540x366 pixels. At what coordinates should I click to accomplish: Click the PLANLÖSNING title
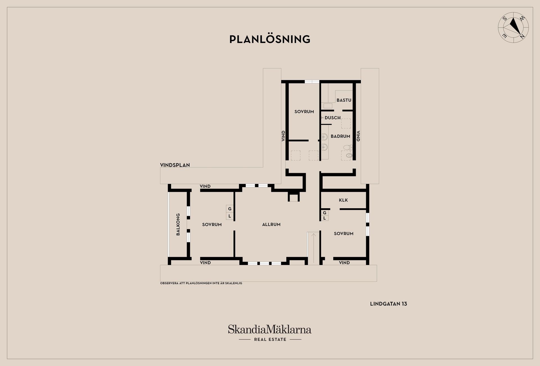pyautogui.click(x=270, y=39)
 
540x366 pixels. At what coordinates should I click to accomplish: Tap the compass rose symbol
pyautogui.click(x=513, y=28)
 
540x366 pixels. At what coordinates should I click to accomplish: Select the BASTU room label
pyautogui.click(x=344, y=100)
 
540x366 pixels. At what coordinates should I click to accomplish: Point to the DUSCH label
pyautogui.click(x=333, y=118)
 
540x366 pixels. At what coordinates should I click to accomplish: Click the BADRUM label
pyautogui.click(x=340, y=136)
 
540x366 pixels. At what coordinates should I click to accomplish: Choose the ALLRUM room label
pyautogui.click(x=271, y=225)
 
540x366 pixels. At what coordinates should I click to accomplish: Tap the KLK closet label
pyautogui.click(x=343, y=200)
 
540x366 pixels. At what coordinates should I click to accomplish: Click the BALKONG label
pyautogui.click(x=178, y=224)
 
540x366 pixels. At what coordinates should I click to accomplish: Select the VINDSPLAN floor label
pyautogui.click(x=175, y=165)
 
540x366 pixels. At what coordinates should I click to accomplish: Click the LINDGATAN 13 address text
pyautogui.click(x=388, y=304)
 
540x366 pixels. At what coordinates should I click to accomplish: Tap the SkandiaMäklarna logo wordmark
pyautogui.click(x=269, y=329)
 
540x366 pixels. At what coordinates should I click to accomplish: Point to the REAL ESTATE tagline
pyautogui.click(x=270, y=340)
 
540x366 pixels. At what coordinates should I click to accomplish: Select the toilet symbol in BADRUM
pyautogui.click(x=348, y=148)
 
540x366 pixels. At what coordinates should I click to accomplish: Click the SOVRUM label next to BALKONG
pyautogui.click(x=212, y=225)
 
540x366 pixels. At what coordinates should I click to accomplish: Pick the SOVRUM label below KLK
pyautogui.click(x=344, y=234)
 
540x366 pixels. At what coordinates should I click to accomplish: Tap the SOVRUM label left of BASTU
pyautogui.click(x=304, y=112)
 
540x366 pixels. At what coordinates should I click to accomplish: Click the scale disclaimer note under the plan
pyautogui.click(x=201, y=283)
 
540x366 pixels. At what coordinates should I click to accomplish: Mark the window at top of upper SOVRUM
pyautogui.click(x=312, y=82)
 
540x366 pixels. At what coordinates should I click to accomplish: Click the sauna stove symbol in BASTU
pyautogui.click(x=328, y=106)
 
